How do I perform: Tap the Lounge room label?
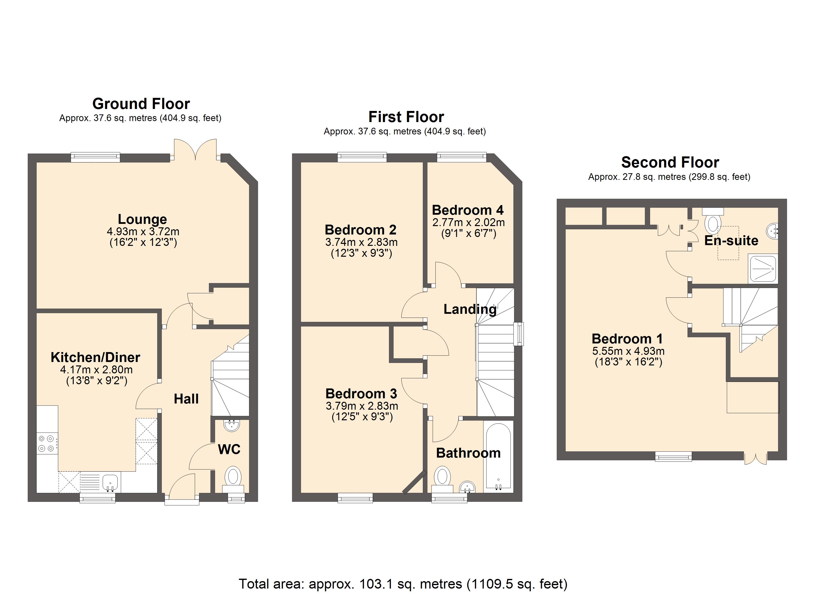142,219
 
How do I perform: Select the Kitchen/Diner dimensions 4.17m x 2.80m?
96,369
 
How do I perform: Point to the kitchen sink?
110,483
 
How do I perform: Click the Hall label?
186,399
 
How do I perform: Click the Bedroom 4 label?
468,210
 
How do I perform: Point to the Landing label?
470,309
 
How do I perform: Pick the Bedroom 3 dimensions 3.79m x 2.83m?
362,406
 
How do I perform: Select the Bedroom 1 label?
627,339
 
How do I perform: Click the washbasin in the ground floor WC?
232,425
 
